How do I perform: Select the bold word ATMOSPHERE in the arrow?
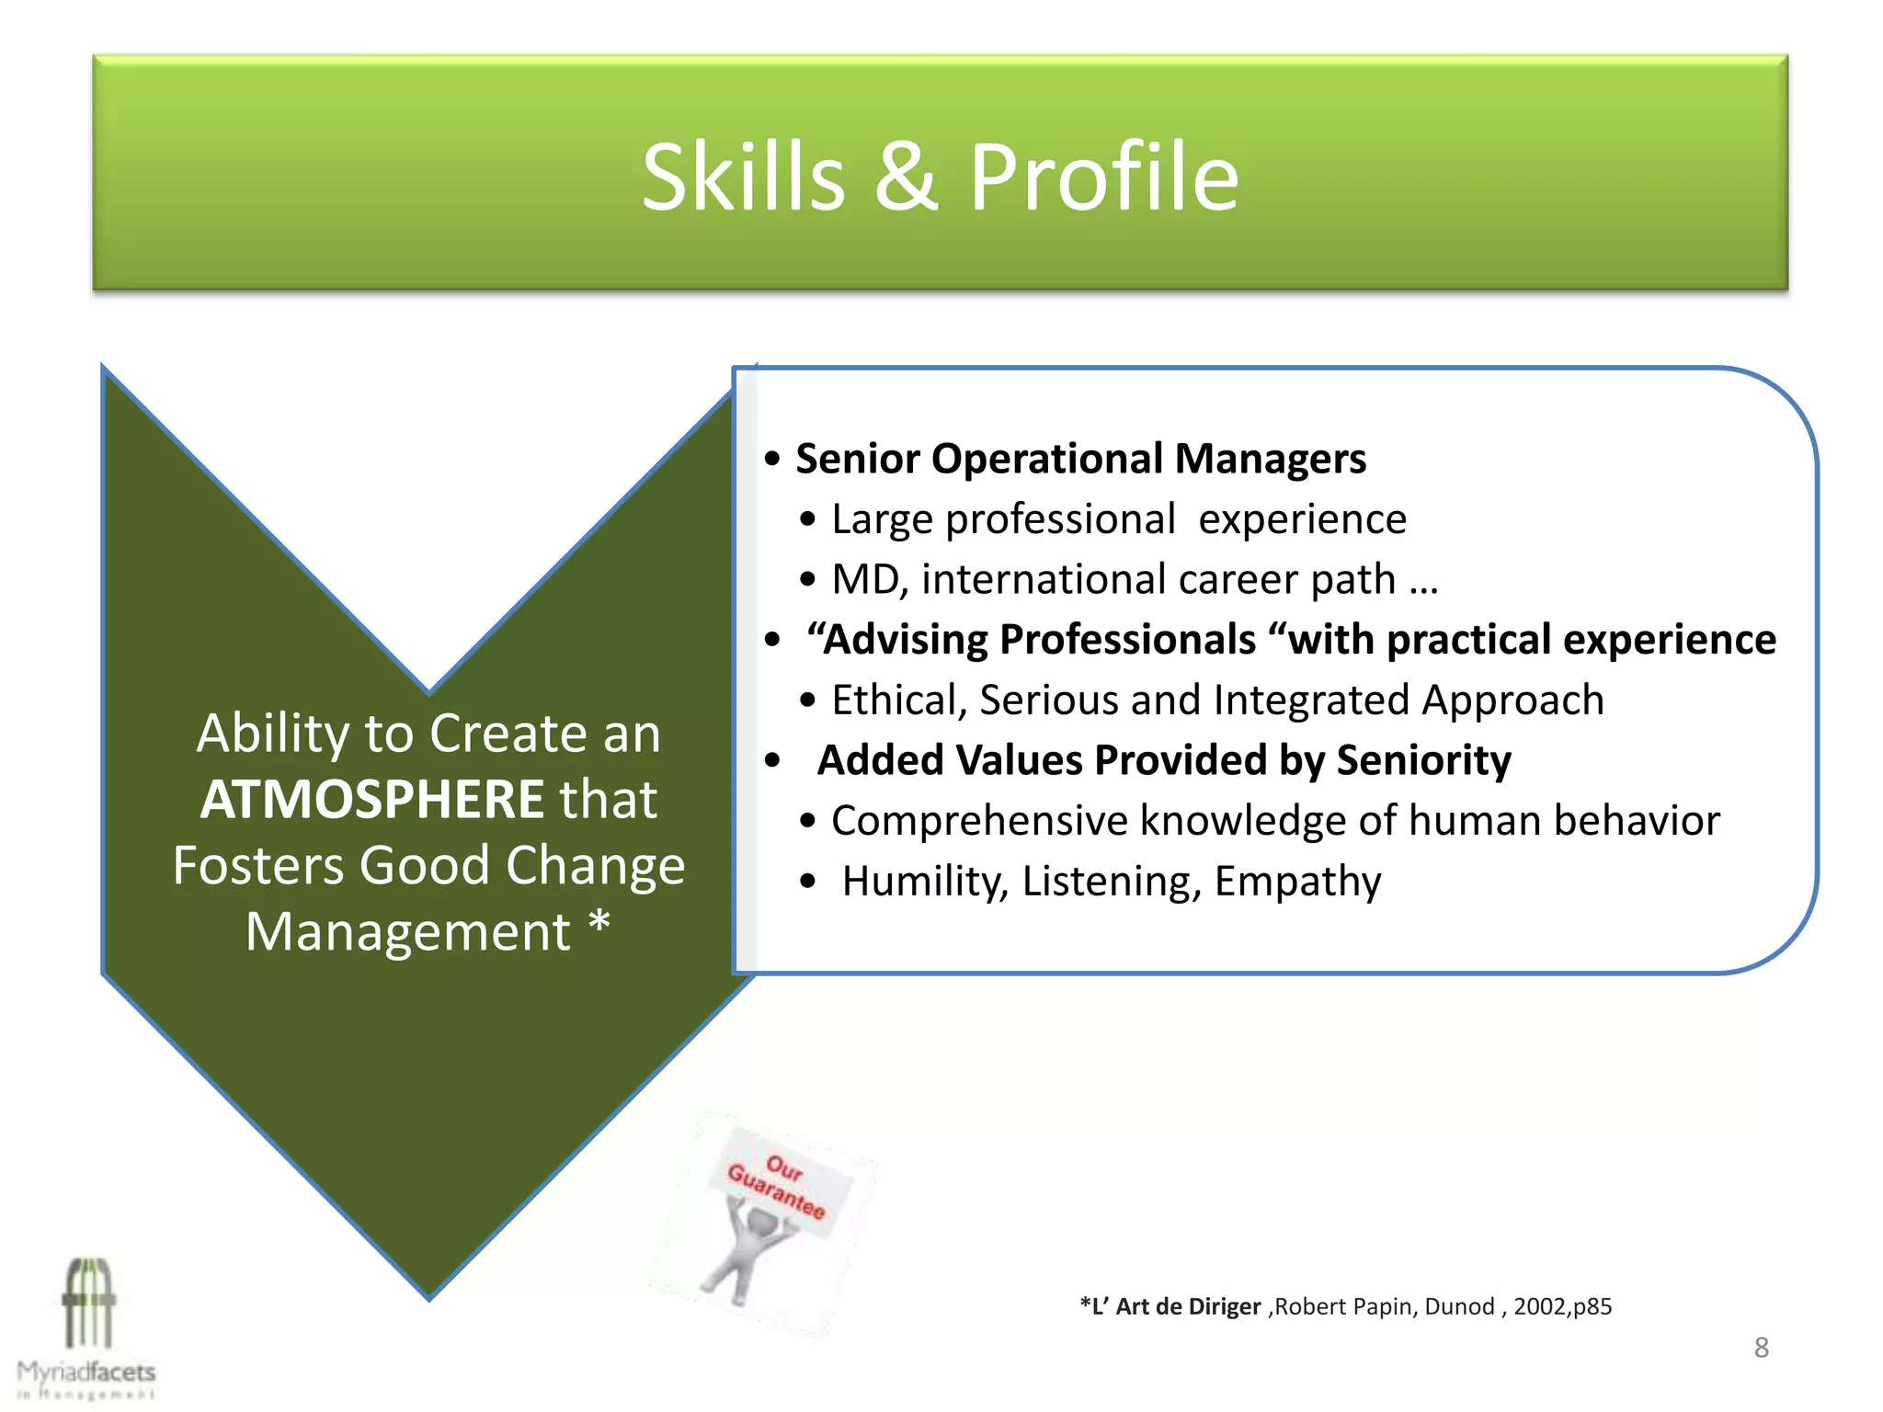coord(372,799)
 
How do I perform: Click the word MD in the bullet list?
coord(867,580)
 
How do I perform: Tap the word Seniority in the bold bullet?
coord(1422,761)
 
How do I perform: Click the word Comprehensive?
coord(978,821)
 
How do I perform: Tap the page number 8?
coord(1761,1348)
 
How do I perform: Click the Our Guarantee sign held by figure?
coord(778,1186)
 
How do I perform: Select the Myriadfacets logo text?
coord(86,1372)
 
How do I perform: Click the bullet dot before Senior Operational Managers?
coord(772,459)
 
